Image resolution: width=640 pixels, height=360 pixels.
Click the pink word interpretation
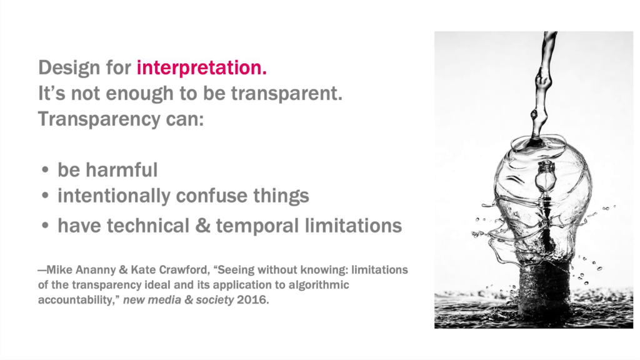click(x=202, y=67)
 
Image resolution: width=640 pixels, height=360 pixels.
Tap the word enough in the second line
click(x=139, y=94)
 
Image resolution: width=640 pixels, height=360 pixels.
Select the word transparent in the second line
click(x=286, y=94)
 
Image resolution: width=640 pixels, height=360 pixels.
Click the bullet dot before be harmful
click(x=45, y=170)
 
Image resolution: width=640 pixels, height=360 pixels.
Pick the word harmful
click(x=122, y=169)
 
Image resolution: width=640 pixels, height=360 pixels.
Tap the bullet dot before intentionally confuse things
click(x=45, y=196)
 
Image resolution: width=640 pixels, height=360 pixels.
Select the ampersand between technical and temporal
click(x=202, y=225)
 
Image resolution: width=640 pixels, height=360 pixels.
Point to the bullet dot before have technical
click(x=45, y=225)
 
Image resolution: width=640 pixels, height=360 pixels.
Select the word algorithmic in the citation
click(x=319, y=285)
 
